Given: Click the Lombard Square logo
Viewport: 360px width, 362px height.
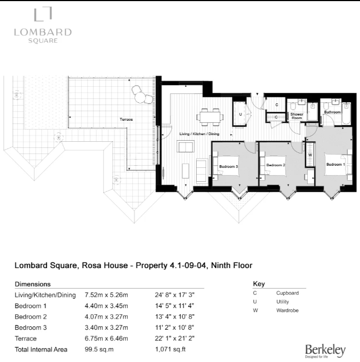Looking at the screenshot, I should coord(43,26).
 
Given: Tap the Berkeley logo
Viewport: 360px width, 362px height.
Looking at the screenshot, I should coord(325,350).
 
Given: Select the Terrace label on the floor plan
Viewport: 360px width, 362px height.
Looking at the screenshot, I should coord(126,119).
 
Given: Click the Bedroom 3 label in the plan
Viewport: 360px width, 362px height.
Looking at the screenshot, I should coord(228,166).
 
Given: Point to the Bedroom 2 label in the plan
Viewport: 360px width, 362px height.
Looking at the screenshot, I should coord(275,165).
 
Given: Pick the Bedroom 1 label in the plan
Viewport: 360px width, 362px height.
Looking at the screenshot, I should coord(335,165).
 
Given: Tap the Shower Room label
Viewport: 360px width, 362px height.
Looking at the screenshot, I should coord(297,116).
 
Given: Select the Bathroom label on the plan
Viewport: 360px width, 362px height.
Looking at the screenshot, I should coord(332,112).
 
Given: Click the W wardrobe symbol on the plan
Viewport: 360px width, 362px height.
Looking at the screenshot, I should coord(310,155).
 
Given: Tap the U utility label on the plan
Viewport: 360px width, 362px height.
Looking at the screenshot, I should coord(240,115).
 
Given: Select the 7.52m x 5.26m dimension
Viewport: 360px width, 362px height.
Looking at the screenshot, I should coord(106,295).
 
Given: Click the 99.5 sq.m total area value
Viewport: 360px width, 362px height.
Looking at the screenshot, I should coord(99,350).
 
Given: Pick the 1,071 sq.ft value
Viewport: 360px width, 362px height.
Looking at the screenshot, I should coord(169,350).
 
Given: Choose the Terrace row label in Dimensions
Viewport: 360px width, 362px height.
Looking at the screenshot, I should coord(26,339).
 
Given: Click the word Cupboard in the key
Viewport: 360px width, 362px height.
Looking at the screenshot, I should coord(287,292).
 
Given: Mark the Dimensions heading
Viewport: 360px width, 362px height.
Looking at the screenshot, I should coord(33,284).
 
